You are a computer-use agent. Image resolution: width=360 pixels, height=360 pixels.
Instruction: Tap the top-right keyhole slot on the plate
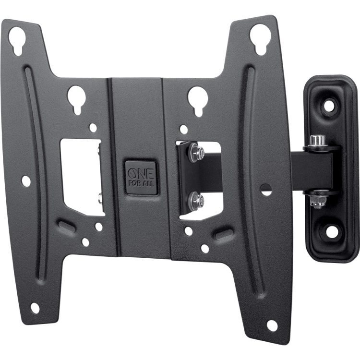[259, 36]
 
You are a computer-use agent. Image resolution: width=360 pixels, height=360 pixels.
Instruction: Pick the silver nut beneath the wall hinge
[316, 202]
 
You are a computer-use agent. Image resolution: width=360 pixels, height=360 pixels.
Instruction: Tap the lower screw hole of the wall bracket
[331, 231]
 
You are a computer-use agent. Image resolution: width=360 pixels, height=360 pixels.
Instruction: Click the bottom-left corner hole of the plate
[35, 308]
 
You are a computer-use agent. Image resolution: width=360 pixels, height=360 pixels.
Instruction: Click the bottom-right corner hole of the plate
[272, 325]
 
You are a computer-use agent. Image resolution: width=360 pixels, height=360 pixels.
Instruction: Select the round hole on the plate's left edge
[26, 181]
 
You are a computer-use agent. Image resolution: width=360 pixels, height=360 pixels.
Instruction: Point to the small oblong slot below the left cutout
[67, 226]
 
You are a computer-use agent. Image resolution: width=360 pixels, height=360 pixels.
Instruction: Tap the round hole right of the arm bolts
[266, 189]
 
